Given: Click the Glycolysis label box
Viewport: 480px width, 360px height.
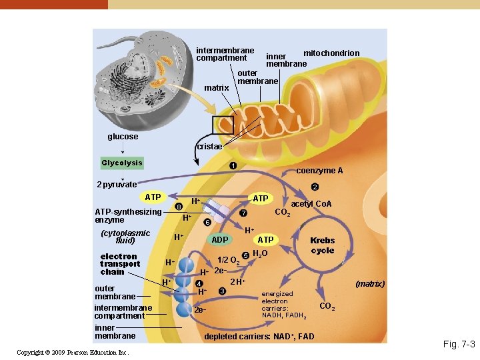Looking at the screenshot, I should [x=122, y=163].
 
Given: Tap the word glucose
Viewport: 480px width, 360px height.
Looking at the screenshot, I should [x=123, y=137].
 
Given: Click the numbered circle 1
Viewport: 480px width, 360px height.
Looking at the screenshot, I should [x=232, y=165].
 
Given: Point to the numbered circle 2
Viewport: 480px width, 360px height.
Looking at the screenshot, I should [x=315, y=187].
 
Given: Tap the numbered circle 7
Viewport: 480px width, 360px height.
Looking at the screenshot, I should [x=243, y=213].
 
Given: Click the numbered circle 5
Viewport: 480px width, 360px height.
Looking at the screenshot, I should [x=245, y=255].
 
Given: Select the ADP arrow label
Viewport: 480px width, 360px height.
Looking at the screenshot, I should [x=220, y=239].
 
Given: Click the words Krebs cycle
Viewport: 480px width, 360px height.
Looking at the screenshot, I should [x=323, y=245].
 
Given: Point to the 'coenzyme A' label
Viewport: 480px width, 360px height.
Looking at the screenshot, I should [x=319, y=171].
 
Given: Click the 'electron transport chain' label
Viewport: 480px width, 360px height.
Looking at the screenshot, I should [x=119, y=264].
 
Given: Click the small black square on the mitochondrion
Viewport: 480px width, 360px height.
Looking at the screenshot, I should [x=223, y=125].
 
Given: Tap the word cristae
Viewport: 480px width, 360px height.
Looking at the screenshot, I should [x=209, y=147].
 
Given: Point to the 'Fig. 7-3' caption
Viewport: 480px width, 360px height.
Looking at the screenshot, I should [x=459, y=345].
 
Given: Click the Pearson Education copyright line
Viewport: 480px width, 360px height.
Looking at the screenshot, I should [x=73, y=352].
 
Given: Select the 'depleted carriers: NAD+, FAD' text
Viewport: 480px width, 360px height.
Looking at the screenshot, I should [x=259, y=337].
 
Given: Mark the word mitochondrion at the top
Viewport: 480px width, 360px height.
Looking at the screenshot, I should [x=331, y=53].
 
